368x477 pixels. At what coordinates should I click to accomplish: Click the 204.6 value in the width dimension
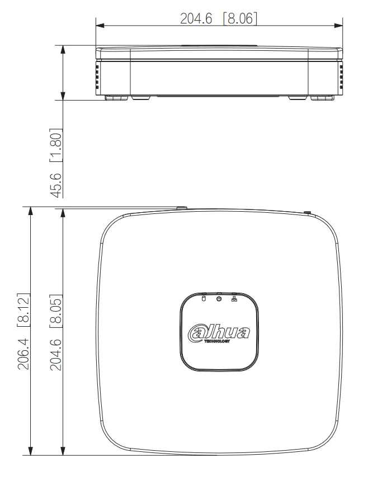tap(196, 18)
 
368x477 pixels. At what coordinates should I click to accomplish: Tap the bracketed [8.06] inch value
tap(240, 18)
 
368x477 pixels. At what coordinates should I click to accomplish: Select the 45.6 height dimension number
tap(55, 182)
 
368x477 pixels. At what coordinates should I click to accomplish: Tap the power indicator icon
tap(219, 299)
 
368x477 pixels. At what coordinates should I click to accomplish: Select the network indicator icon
tap(234, 299)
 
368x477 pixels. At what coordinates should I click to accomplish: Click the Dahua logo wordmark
tap(220, 331)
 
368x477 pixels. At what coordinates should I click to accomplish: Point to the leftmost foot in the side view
tap(114, 98)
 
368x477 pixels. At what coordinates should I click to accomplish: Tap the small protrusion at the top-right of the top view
tap(306, 212)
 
